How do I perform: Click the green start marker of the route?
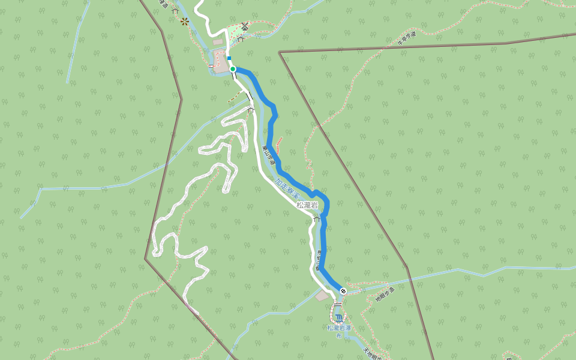point(233,69)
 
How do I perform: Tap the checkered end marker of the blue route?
point(343,291)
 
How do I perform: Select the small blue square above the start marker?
point(229,58)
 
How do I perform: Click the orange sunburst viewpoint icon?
point(184,22)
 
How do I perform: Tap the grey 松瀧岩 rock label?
point(307,205)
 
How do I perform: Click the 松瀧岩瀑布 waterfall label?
point(339,331)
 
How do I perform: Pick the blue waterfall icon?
point(339,317)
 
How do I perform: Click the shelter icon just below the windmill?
point(240,39)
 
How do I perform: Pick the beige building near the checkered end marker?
point(323,296)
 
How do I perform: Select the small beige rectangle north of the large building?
point(217,43)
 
